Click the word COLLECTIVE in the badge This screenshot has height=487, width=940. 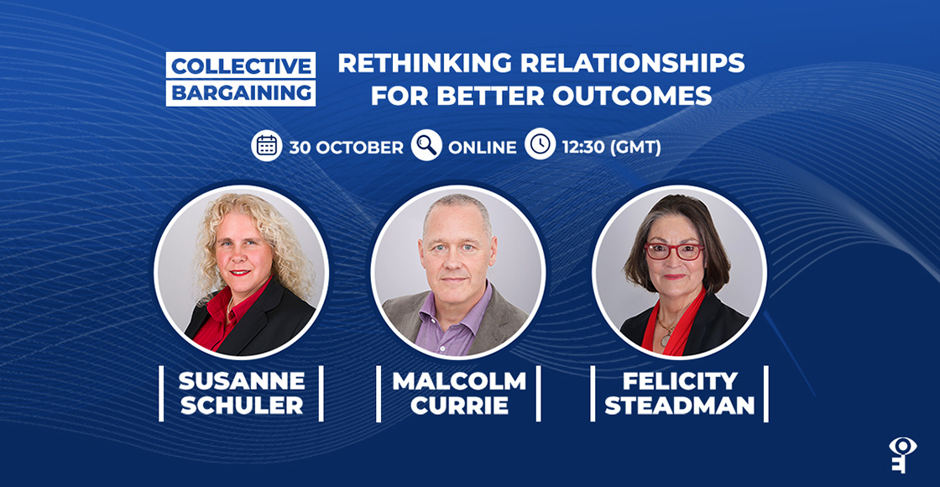click(x=241, y=65)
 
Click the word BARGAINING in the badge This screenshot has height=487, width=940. click(x=241, y=92)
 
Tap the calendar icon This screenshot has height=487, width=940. click(x=267, y=146)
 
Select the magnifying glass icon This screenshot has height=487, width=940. click(x=426, y=146)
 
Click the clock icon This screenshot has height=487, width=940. click(x=540, y=145)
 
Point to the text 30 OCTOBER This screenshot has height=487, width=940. click(x=347, y=147)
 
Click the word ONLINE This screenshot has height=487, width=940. click(x=483, y=147)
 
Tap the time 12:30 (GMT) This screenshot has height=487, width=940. click(x=612, y=147)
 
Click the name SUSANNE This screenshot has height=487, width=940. click(x=241, y=380)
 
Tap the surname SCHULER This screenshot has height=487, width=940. click(x=241, y=406)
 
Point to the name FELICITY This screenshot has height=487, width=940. click(x=679, y=380)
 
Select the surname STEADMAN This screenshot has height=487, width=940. click(x=679, y=406)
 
